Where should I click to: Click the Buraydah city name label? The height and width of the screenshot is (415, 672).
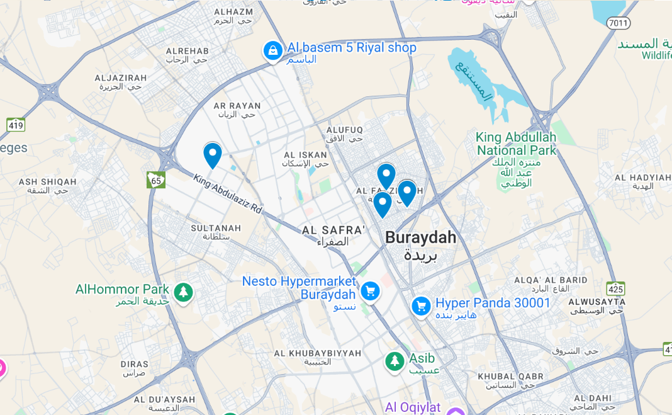pos(420,237)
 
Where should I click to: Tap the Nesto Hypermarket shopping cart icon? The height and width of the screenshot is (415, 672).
pos(370,291)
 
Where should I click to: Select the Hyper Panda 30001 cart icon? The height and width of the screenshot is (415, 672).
pos(421,306)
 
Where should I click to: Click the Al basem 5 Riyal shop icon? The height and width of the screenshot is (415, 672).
pos(272,50)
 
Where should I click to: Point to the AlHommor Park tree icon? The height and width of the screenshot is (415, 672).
pos(183,292)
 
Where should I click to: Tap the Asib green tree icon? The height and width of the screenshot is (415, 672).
pos(395,361)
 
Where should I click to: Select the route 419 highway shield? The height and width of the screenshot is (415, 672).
pos(16,125)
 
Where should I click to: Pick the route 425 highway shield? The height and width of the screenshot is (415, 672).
pos(615,289)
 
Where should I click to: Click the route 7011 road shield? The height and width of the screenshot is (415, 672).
pos(619,23)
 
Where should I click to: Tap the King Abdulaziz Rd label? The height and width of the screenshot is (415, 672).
pos(228,193)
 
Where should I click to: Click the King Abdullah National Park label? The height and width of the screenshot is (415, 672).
pos(516,144)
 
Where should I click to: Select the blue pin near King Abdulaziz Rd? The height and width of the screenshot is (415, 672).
pos(213,154)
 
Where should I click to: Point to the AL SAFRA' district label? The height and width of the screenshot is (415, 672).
pos(333,230)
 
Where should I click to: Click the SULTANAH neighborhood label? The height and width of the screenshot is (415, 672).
pos(216,228)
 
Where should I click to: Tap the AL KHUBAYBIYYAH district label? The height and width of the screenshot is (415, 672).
pos(318,353)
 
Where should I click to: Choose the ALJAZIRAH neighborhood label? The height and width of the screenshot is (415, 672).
pos(120,78)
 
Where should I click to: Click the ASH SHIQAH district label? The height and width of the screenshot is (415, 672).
pos(47,182)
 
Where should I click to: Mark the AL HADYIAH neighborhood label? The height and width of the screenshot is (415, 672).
pos(642,178)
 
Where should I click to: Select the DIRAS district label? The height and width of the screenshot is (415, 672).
pos(134,364)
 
